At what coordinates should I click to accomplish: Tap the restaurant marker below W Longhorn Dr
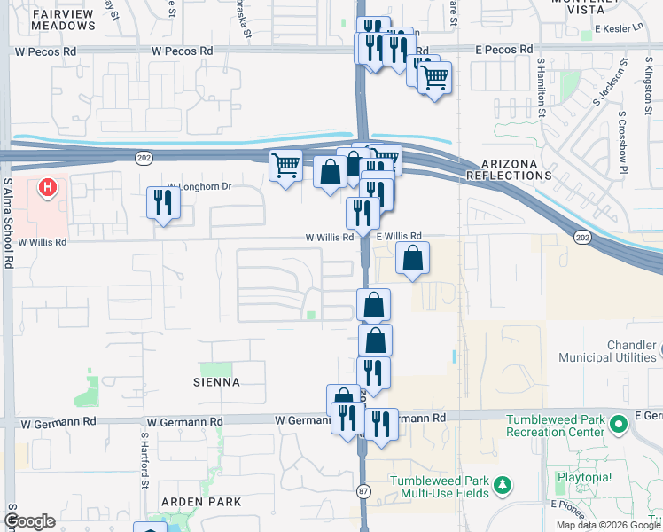click(x=163, y=203)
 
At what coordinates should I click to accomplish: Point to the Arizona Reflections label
click(x=517, y=169)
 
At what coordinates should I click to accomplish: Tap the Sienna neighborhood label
click(x=214, y=382)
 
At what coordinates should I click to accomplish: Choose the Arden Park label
click(x=201, y=502)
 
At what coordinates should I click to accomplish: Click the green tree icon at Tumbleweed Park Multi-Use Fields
click(x=503, y=484)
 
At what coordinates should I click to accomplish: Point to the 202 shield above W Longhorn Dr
click(x=144, y=157)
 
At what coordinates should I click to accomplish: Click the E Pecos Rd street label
click(x=503, y=50)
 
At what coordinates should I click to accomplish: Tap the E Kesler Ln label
click(x=620, y=28)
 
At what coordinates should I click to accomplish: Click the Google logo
click(x=29, y=521)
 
